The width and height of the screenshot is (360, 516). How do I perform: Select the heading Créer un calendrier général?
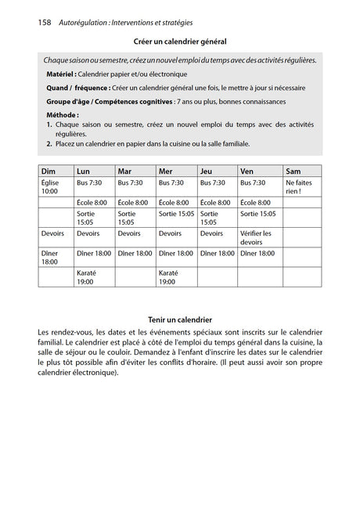[x=180, y=41]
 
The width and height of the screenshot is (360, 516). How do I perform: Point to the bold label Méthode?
[x=63, y=114]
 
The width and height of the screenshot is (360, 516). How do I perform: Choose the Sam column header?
[x=293, y=171]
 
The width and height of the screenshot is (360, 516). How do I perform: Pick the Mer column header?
[x=165, y=171]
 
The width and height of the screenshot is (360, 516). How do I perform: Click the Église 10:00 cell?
[x=50, y=186]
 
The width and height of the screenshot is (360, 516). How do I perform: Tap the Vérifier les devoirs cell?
[x=256, y=237]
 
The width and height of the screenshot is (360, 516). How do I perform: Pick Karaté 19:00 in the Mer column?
[x=169, y=277]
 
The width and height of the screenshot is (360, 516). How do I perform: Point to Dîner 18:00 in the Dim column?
[x=50, y=258]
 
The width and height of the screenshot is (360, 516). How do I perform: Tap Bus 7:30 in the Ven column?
[x=255, y=182]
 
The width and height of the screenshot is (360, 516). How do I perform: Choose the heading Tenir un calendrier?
[x=180, y=319]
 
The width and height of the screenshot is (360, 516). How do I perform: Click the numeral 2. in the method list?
[x=49, y=144]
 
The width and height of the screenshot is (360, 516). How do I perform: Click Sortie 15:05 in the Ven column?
[x=257, y=213]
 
